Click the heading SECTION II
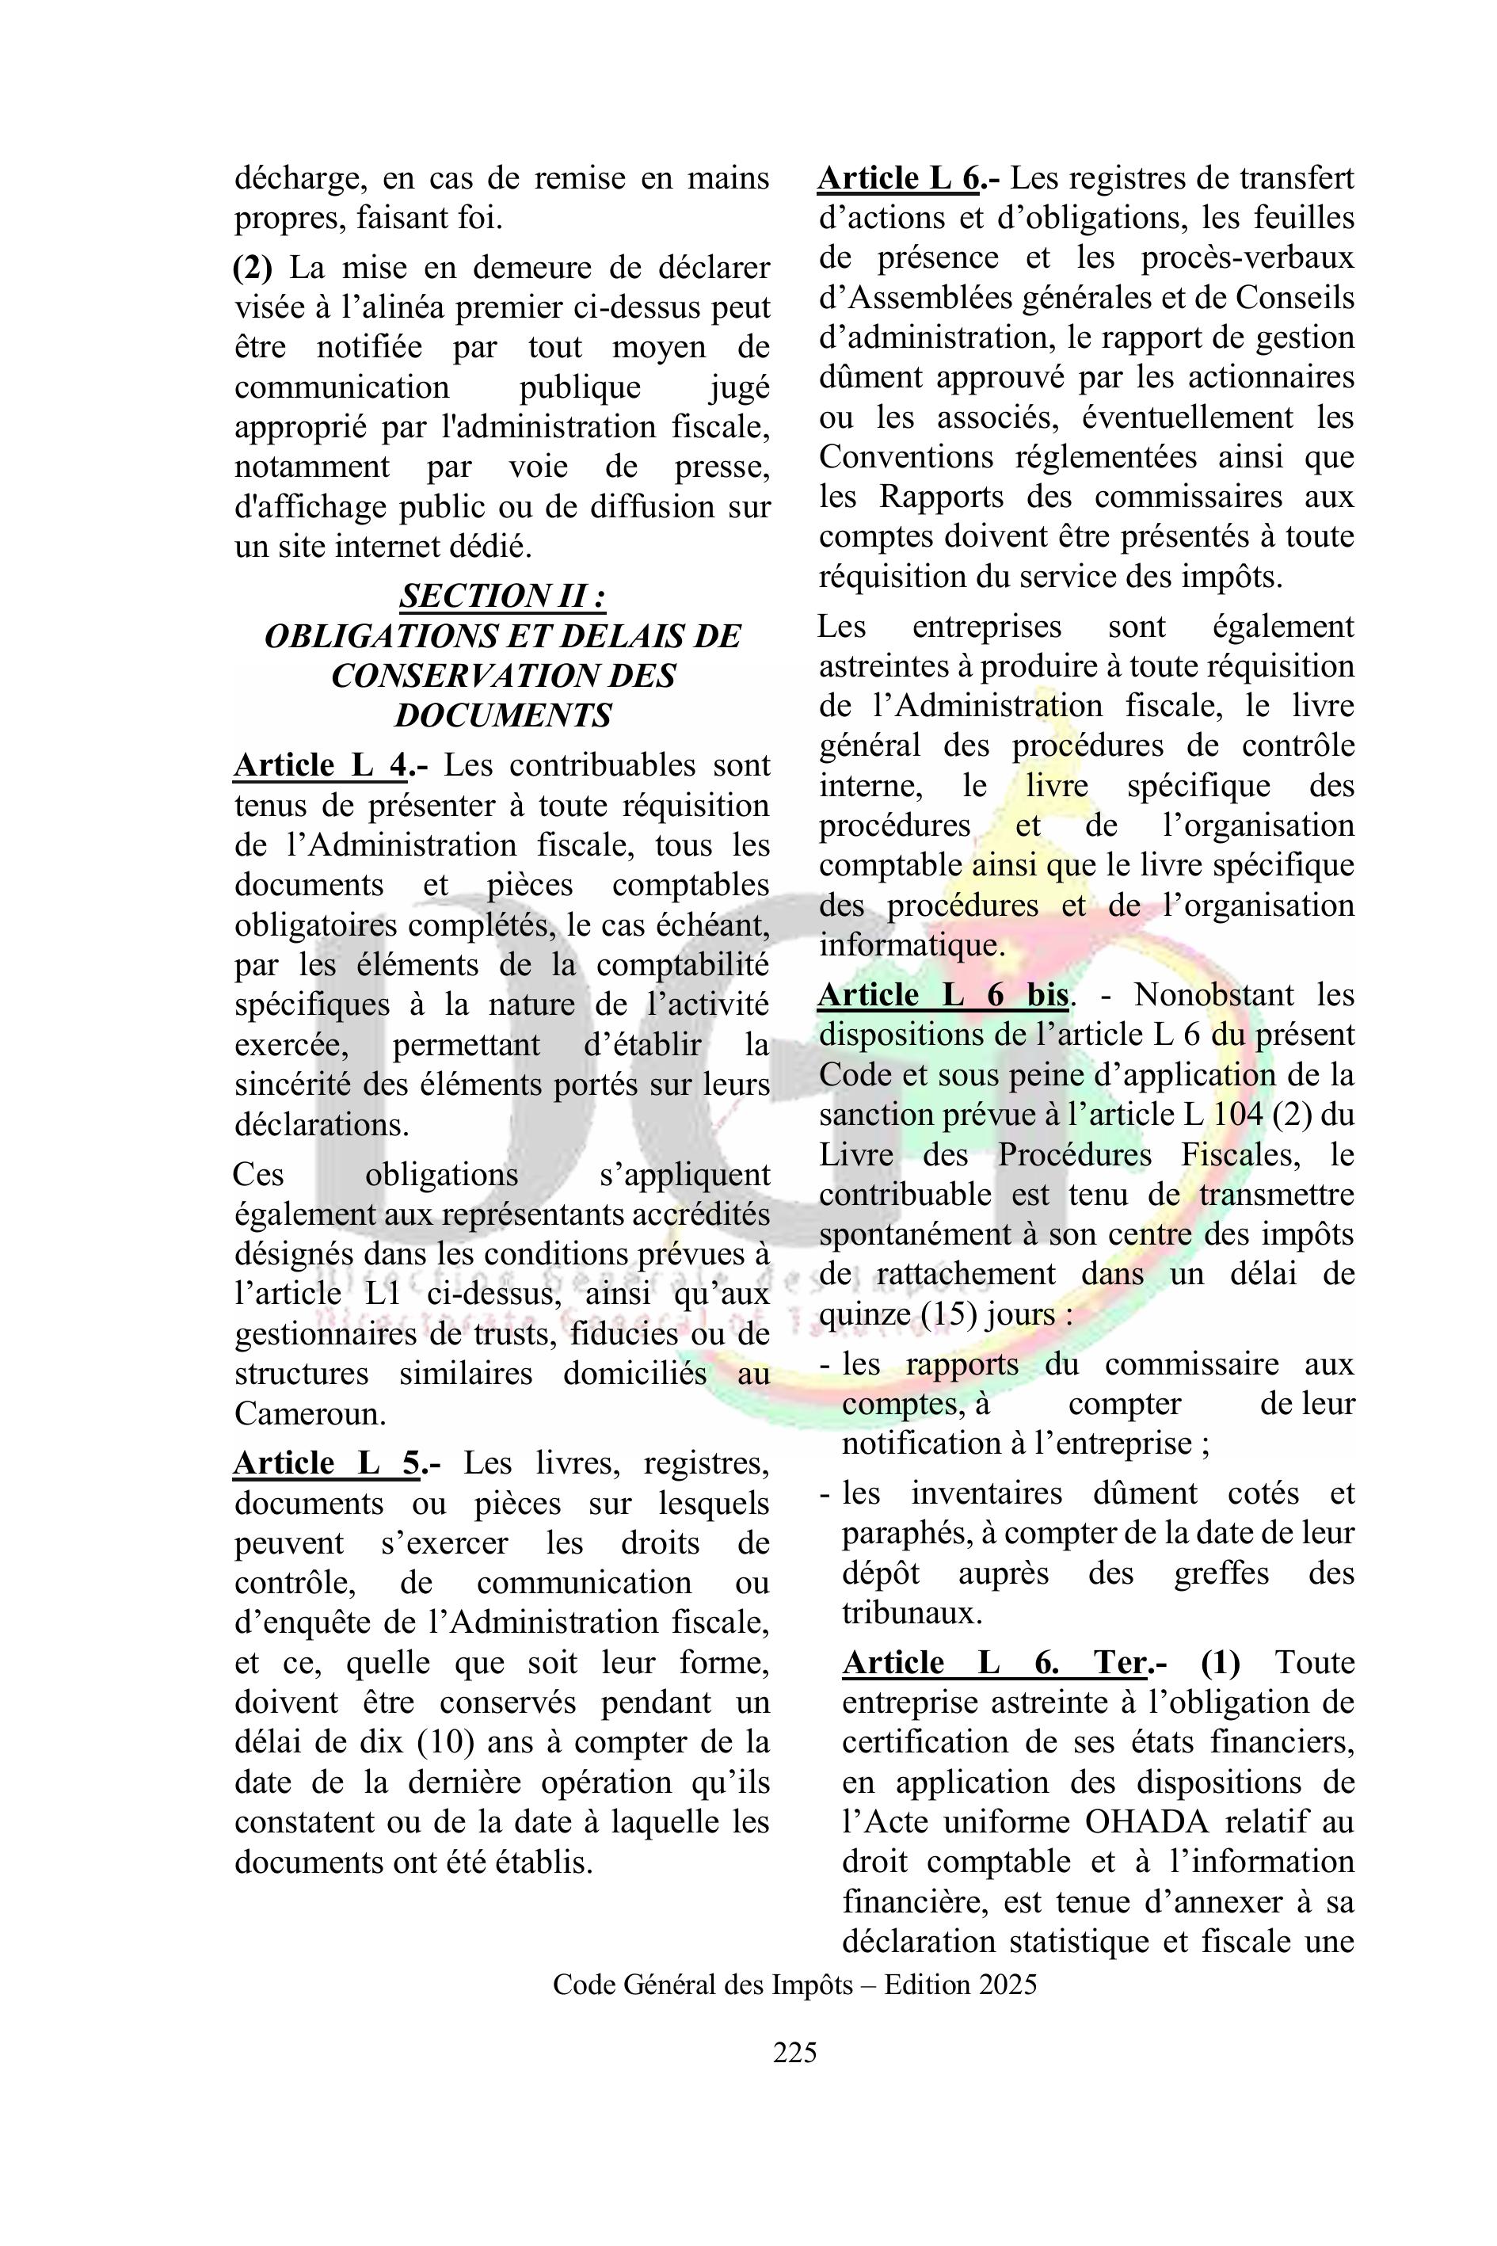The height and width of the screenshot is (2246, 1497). coord(502,596)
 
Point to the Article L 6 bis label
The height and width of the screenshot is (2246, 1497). coord(943,995)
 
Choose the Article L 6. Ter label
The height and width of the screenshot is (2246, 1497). coord(994,1663)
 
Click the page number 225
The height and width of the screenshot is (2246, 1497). coord(794,2051)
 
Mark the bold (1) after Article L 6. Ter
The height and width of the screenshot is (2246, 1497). coord(1220,1663)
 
